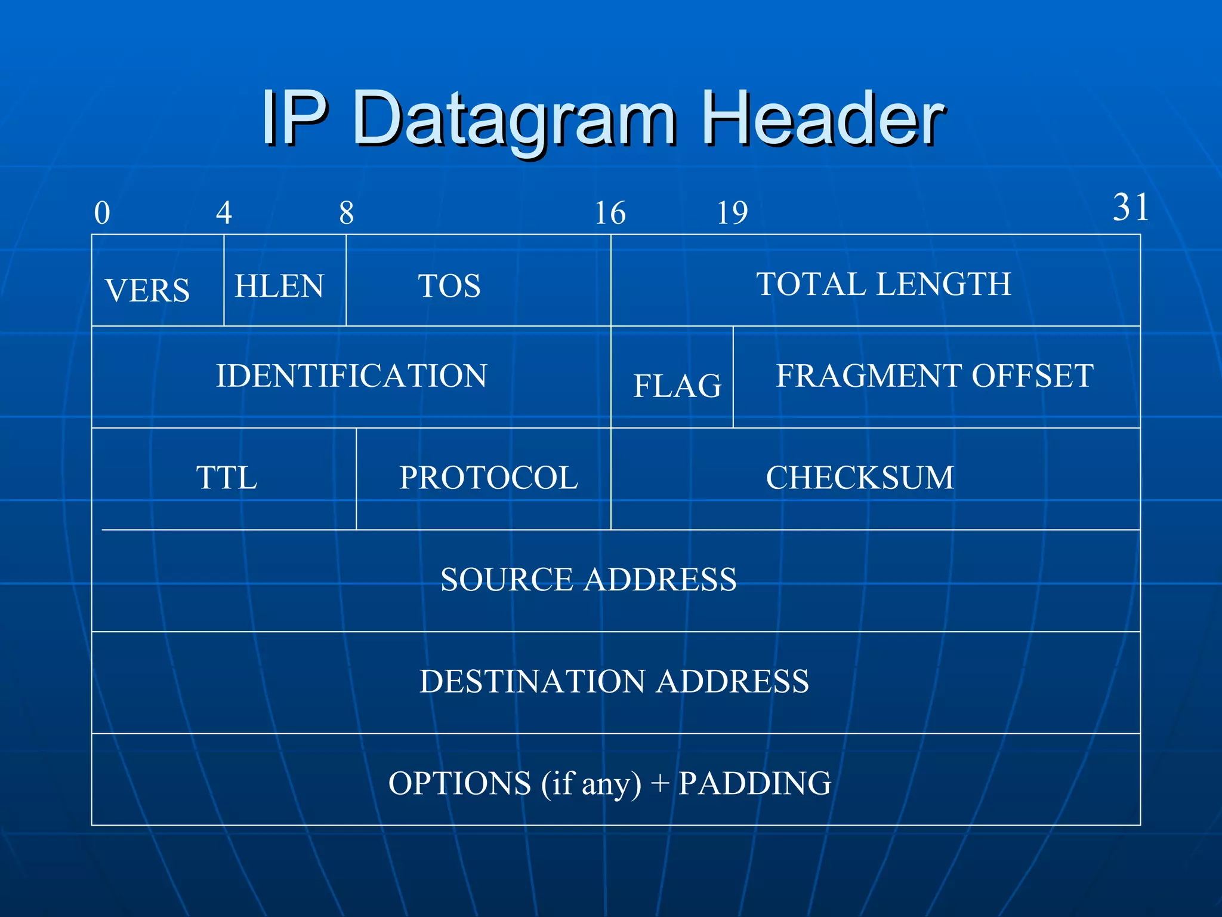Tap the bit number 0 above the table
point(102,213)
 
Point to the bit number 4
point(224,213)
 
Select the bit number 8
point(346,213)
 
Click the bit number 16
point(610,213)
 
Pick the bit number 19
point(732,213)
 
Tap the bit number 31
point(1130,208)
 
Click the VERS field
point(147,291)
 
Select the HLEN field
point(279,286)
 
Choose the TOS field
point(449,286)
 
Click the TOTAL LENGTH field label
point(884,284)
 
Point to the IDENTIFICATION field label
point(351,376)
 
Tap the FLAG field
point(677,386)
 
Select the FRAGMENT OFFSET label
point(934,376)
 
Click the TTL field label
point(227,478)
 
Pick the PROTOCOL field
point(489,478)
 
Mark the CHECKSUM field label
point(860,478)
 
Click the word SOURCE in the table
point(507,580)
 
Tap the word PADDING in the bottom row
point(755,783)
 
